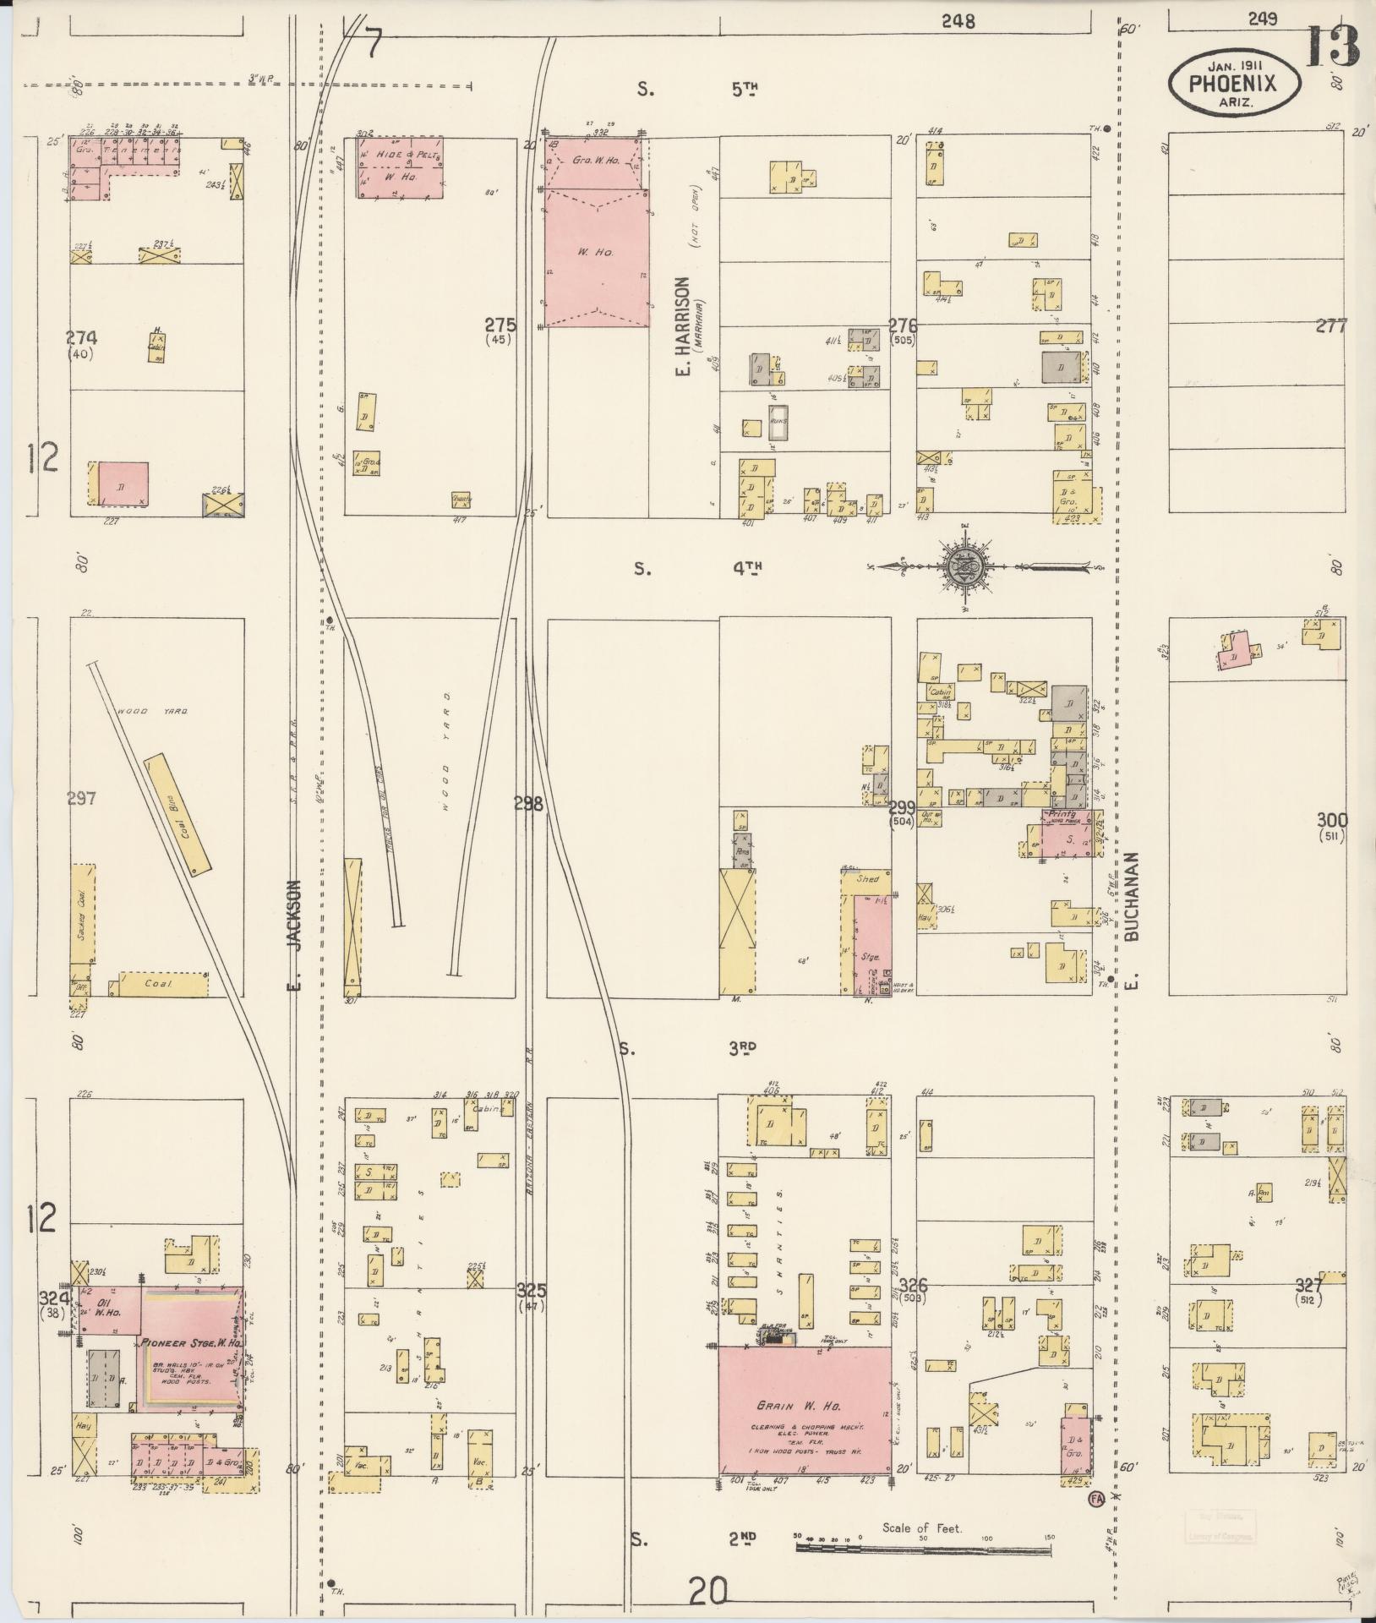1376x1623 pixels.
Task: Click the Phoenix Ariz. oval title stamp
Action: pos(1235,82)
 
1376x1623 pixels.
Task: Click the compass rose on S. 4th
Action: pos(963,566)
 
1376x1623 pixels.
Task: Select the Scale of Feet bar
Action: pos(921,1548)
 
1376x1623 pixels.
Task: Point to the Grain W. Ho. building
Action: pos(804,1410)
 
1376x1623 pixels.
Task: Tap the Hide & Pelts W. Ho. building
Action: pos(400,167)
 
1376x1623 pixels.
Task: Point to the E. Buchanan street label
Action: pos(1133,921)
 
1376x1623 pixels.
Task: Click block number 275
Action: pos(500,325)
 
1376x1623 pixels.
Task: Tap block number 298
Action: pos(528,804)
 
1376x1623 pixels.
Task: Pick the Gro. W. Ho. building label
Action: pos(595,160)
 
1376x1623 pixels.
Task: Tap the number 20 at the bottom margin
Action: pos(709,1592)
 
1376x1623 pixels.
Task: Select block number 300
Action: pos(1331,819)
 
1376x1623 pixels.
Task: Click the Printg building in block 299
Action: pos(1066,837)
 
